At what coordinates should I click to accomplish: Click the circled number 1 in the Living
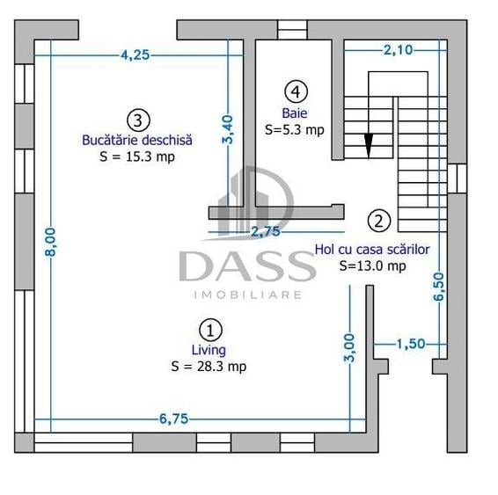[x=210, y=331]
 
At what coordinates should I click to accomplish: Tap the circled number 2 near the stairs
[x=379, y=221]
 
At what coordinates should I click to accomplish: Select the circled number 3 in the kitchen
[x=138, y=120]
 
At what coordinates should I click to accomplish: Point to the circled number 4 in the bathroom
[x=296, y=91]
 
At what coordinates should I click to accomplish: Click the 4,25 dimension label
[x=135, y=55]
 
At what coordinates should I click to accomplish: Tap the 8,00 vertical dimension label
[x=50, y=242]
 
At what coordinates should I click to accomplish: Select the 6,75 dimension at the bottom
[x=173, y=419]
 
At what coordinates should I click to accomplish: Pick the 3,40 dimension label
[x=228, y=130]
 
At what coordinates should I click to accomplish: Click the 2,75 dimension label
[x=266, y=231]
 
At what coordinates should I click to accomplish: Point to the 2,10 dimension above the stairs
[x=399, y=50]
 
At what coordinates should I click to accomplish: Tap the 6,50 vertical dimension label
[x=439, y=287]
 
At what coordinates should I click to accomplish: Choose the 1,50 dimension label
[x=411, y=343]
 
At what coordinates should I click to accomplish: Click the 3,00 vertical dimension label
[x=349, y=348]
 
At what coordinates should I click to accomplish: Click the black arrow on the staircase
[x=369, y=146]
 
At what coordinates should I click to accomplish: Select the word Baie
[x=295, y=113]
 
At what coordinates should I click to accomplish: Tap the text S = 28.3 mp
[x=209, y=367]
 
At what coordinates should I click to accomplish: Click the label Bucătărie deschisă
[x=137, y=140]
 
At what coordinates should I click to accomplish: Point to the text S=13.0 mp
[x=372, y=266]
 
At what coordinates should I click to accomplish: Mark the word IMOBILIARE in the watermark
[x=248, y=295]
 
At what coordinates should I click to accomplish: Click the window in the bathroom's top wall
[x=292, y=30]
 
